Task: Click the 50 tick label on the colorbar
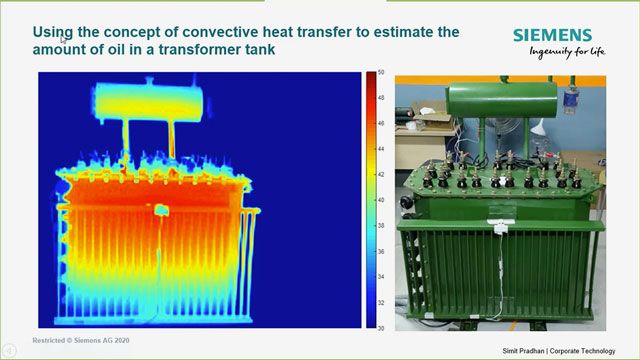click(381, 72)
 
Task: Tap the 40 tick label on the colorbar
click(381, 200)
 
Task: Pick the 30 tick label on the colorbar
click(381, 327)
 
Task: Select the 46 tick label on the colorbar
click(381, 123)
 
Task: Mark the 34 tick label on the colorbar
click(381, 276)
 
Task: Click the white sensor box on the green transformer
click(497, 231)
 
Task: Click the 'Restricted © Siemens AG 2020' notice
click(79, 341)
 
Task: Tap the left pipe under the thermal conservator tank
click(127, 140)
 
